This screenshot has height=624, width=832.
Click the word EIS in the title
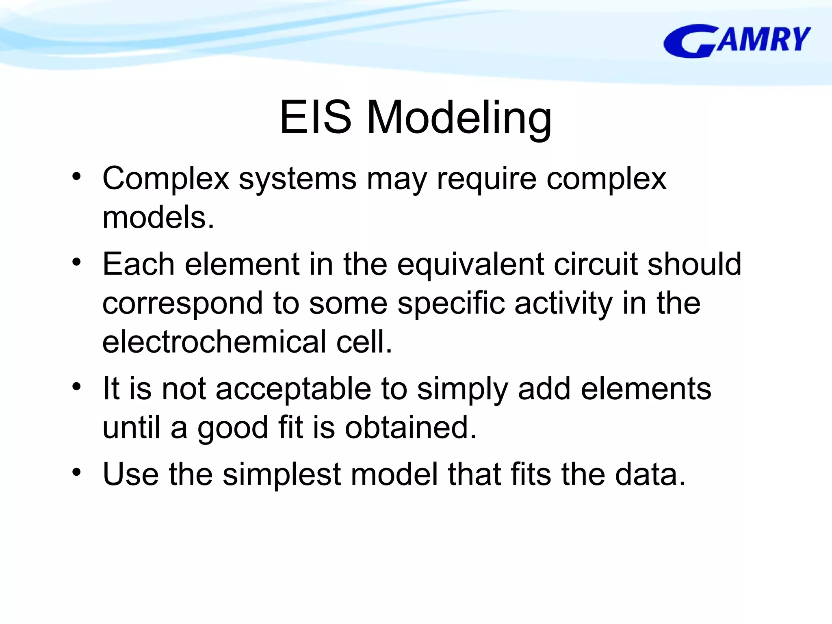pyautogui.click(x=315, y=117)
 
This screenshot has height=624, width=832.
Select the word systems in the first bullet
pyautogui.click(x=297, y=179)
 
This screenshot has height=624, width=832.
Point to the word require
pyautogui.click(x=486, y=179)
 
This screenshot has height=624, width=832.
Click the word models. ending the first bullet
pyautogui.click(x=158, y=217)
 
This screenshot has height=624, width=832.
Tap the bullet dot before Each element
pyautogui.click(x=76, y=262)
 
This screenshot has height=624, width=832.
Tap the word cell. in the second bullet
pyautogui.click(x=364, y=342)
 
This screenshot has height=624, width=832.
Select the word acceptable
pyautogui.click(x=293, y=389)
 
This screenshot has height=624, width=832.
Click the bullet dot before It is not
pyautogui.click(x=76, y=386)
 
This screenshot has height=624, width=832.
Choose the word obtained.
pyautogui.click(x=410, y=428)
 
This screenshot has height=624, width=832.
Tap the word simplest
pyautogui.click(x=282, y=474)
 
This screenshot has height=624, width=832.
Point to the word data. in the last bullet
pyautogui.click(x=650, y=474)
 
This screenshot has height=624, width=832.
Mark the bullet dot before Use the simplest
pyautogui.click(x=76, y=472)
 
